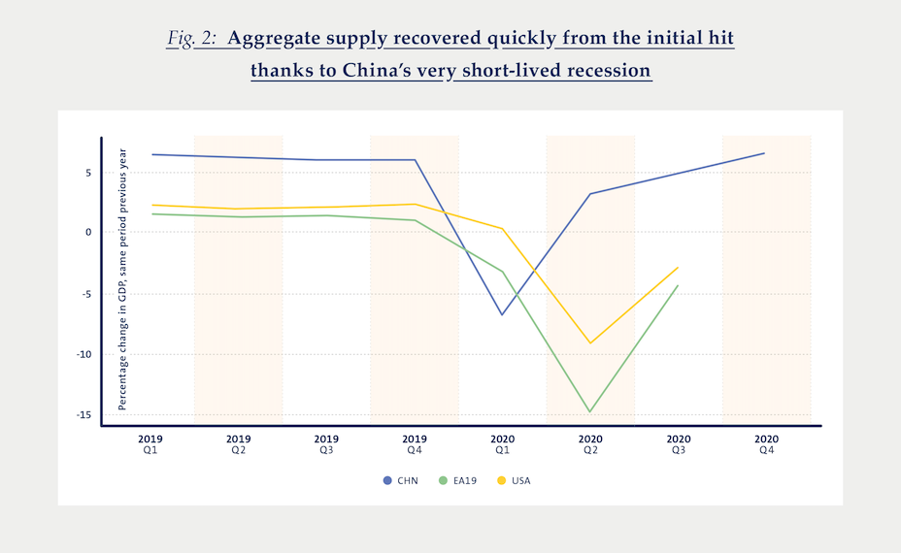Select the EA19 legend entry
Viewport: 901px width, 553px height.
pyautogui.click(x=457, y=480)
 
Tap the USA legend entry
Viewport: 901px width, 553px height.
pyautogui.click(x=514, y=480)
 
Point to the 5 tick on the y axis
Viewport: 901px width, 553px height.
pyautogui.click(x=86, y=173)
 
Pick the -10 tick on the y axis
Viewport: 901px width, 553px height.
pyautogui.click(x=83, y=354)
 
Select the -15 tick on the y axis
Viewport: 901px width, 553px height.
pyautogui.click(x=83, y=415)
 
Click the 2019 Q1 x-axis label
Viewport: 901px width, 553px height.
pyautogui.click(x=150, y=444)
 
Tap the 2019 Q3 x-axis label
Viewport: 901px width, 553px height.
pyautogui.click(x=326, y=444)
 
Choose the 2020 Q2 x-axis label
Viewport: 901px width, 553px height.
pyautogui.click(x=590, y=444)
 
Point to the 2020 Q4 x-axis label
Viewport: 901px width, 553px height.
pyautogui.click(x=766, y=444)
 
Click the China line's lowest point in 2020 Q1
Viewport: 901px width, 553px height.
pyautogui.click(x=502, y=314)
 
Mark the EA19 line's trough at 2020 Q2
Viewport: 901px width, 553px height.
pyautogui.click(x=590, y=411)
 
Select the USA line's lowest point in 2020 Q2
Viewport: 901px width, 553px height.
pyautogui.click(x=590, y=342)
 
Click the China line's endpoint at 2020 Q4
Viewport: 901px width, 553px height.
pyautogui.click(x=765, y=153)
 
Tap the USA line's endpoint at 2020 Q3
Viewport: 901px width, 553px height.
pyautogui.click(x=678, y=268)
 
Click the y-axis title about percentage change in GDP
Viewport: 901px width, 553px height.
pyautogui.click(x=123, y=279)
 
